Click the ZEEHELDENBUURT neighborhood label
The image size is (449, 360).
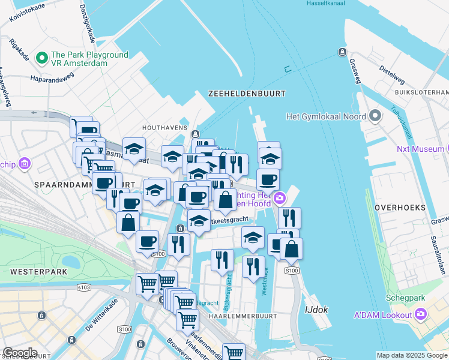click(247, 94)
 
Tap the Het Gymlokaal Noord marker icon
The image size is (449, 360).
click(375, 115)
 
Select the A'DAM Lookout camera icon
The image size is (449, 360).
click(421, 314)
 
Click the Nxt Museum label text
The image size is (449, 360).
click(420, 148)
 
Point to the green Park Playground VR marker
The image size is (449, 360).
click(42, 58)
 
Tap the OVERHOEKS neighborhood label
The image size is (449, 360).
click(400, 208)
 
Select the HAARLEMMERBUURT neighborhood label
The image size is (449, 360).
click(243, 316)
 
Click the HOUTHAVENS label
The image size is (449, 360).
click(161, 128)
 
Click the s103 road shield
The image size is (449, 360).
click(85, 287)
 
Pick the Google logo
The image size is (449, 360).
click(20, 353)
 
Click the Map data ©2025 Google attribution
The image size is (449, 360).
click(411, 355)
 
